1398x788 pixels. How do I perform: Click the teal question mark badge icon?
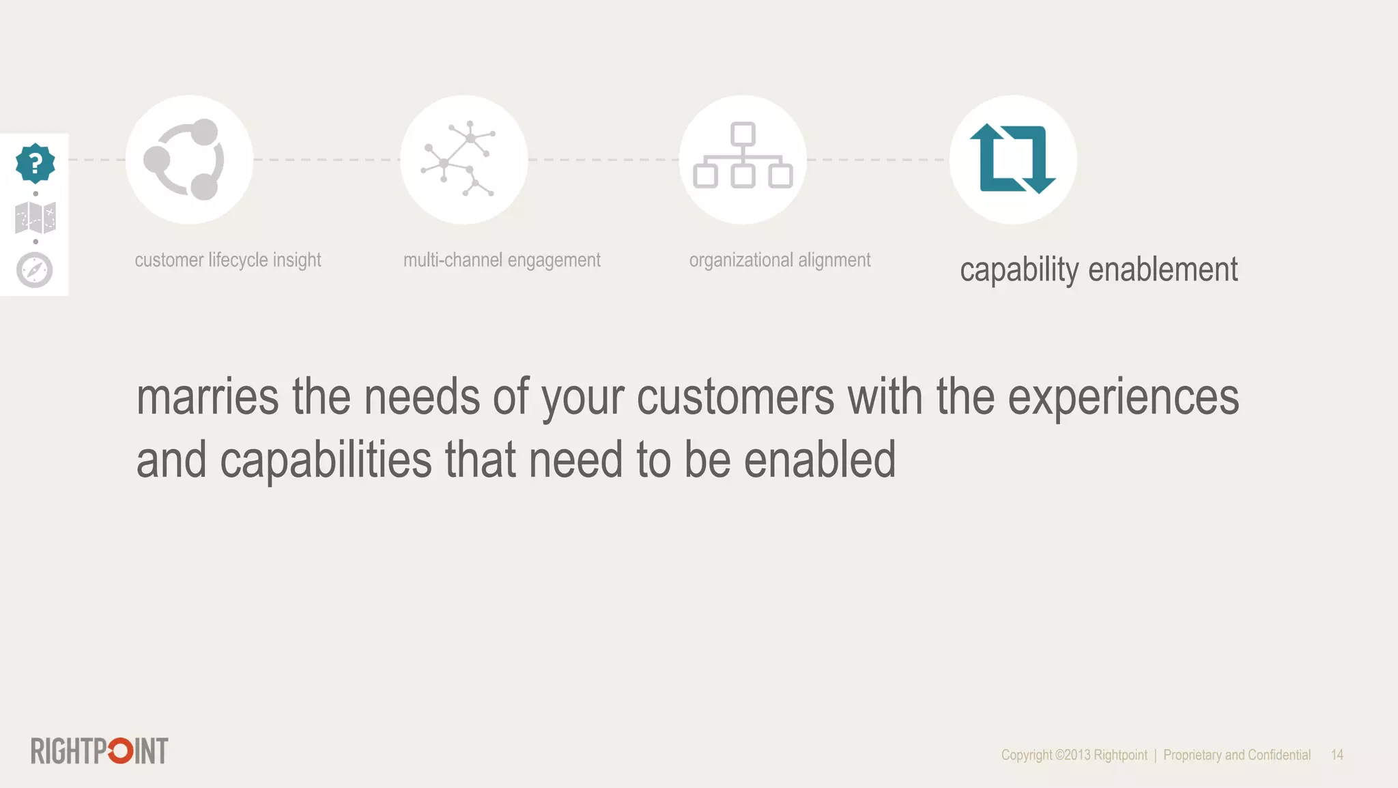pyautogui.click(x=35, y=163)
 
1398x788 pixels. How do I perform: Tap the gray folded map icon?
pyautogui.click(x=35, y=218)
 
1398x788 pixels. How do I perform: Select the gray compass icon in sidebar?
pyautogui.click(x=35, y=270)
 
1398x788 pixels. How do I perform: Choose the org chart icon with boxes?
pyautogui.click(x=743, y=156)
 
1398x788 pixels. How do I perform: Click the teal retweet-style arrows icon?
pyautogui.click(x=1012, y=159)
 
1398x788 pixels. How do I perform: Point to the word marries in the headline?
pyautogui.click(x=208, y=398)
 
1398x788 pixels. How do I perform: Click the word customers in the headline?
pyautogui.click(x=735, y=398)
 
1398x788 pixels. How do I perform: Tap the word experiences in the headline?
pyautogui.click(x=1123, y=398)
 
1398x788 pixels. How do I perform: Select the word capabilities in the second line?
pyautogui.click(x=326, y=461)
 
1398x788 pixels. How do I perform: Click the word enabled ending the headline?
pyautogui.click(x=819, y=461)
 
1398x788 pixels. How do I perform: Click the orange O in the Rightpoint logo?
pyautogui.click(x=121, y=751)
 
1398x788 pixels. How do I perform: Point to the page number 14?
pyautogui.click(x=1337, y=755)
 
